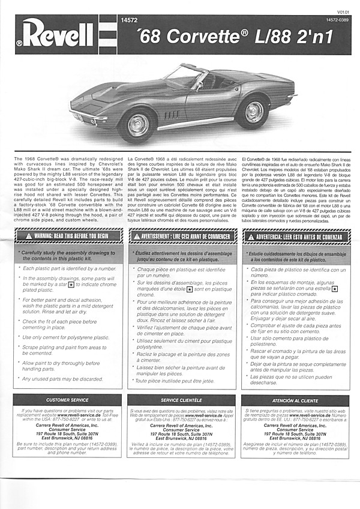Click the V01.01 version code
click(x=343, y=12)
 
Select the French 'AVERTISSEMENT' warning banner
click(x=182, y=236)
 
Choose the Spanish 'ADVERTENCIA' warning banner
click(x=295, y=236)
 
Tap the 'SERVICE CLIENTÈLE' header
click(x=182, y=399)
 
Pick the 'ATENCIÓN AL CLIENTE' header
click(x=295, y=399)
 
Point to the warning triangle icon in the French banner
click(x=136, y=236)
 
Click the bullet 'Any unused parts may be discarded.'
click(x=62, y=379)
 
